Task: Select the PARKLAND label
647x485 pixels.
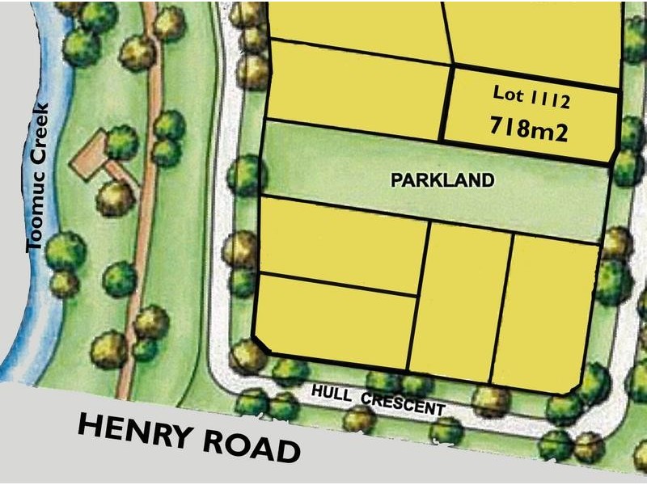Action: (442, 180)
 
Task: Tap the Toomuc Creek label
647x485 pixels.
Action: (38, 176)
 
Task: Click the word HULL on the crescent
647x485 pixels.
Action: (331, 394)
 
